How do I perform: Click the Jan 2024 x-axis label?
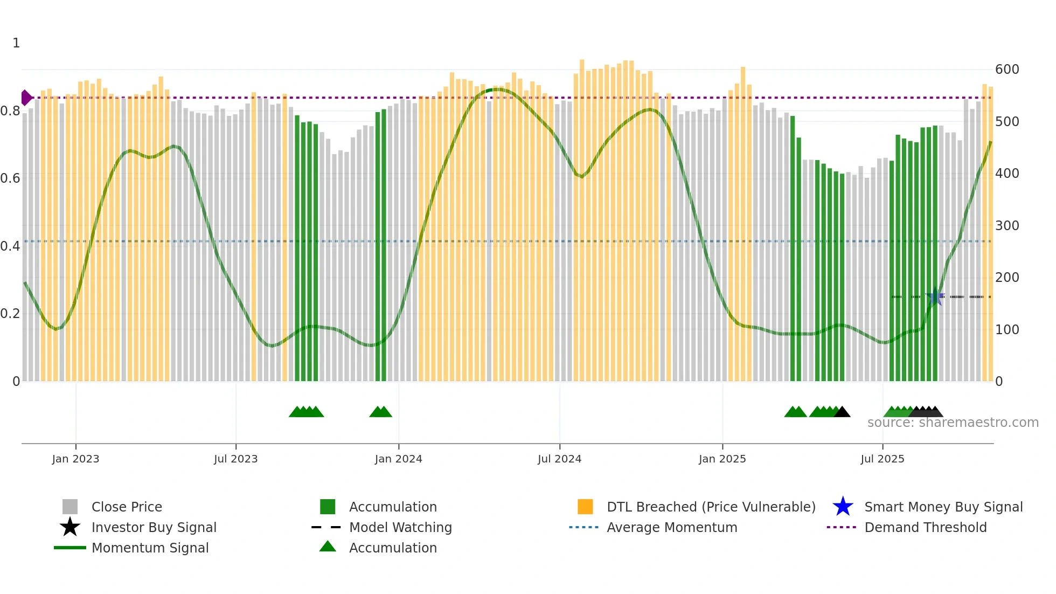(398, 459)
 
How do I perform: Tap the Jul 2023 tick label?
(235, 459)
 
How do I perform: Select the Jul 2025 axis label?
(882, 459)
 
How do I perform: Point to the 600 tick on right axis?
(1006, 70)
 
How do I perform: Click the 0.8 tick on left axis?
(10, 111)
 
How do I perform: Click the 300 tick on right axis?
(1006, 225)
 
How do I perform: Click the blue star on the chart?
(935, 296)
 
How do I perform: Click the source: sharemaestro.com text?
(953, 423)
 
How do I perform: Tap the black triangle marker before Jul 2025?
(842, 412)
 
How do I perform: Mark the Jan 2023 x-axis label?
(75, 459)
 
